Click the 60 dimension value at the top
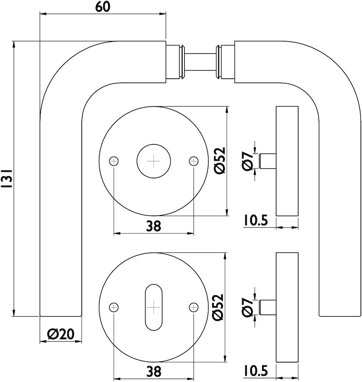tap(103, 7)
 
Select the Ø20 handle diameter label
tap(60, 335)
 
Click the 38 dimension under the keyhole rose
tap(154, 371)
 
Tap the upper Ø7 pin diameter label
tap(249, 160)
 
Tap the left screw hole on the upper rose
tap(114, 161)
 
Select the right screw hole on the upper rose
tap(194, 161)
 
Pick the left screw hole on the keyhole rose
tap(114, 307)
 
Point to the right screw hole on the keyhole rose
tap(194, 307)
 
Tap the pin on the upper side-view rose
tap(267, 160)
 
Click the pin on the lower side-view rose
tap(267, 307)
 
